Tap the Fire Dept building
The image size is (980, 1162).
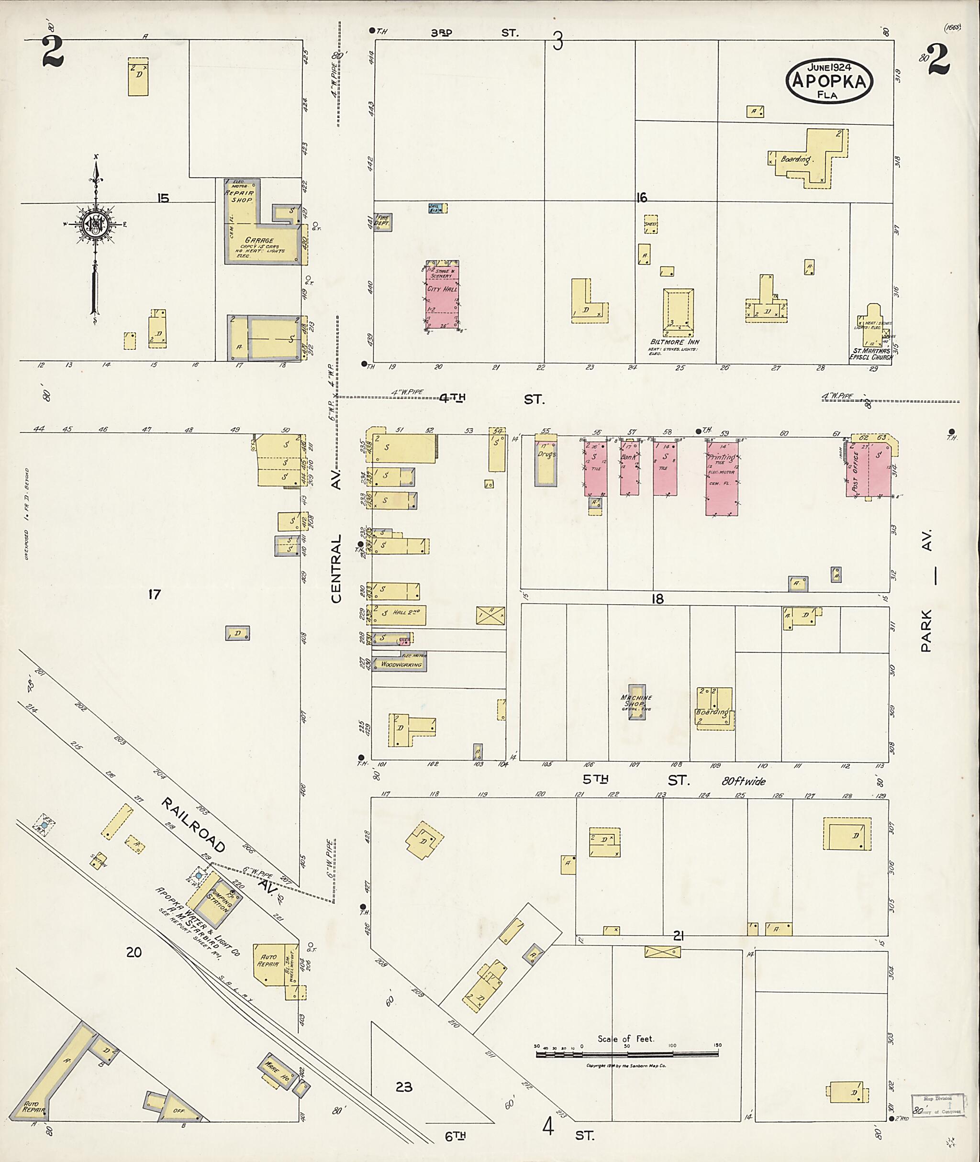click(x=383, y=221)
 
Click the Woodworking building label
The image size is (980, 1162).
click(x=401, y=664)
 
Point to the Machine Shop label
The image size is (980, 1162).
click(x=637, y=701)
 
